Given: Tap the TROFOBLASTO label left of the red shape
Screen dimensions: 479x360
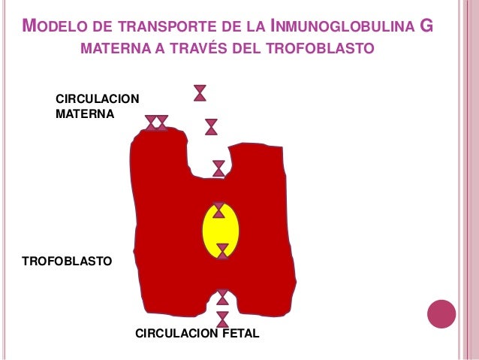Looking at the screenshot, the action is click(67, 262).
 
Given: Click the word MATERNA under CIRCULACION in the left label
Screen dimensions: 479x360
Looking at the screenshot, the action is click(84, 115).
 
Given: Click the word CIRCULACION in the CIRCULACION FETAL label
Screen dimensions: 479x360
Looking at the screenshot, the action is click(171, 331).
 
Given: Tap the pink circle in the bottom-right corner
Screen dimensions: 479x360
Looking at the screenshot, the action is click(441, 314).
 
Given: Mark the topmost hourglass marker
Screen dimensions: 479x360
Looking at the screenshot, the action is click(200, 92).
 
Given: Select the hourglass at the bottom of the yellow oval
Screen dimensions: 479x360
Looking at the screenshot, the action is click(222, 251).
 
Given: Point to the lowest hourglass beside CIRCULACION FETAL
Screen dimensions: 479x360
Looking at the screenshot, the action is click(222, 319).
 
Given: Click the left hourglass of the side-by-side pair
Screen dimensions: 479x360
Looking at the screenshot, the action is click(151, 123).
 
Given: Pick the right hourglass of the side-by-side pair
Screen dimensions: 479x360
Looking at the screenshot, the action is click(162, 123).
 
